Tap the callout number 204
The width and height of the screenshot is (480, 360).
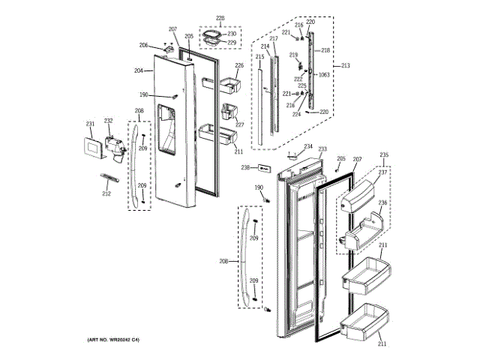point(139,71)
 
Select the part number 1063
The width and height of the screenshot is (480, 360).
point(324,75)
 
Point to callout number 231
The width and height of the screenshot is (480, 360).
point(90,124)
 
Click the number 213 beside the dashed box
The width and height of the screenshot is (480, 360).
point(345,66)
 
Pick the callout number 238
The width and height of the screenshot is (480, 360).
point(245,167)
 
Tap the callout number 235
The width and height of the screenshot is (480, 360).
point(385,155)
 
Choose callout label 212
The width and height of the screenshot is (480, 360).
point(106,194)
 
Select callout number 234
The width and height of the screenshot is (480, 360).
point(308,145)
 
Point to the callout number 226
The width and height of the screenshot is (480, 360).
point(240,66)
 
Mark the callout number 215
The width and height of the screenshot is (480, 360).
point(259,57)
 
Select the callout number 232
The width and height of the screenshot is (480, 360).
point(108,121)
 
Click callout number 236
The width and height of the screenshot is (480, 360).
point(382,202)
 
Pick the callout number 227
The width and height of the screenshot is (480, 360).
point(240,125)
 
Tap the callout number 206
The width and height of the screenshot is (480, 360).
point(143,46)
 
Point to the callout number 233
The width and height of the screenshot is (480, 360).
point(322,150)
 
